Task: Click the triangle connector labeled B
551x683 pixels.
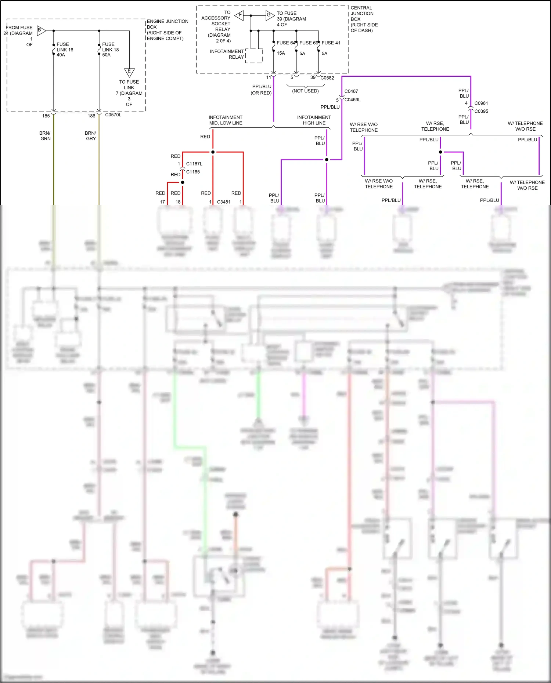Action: [41, 30]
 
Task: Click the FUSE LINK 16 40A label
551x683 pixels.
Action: [65, 50]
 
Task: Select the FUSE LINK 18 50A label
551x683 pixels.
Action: [110, 50]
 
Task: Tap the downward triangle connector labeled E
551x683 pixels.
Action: [129, 72]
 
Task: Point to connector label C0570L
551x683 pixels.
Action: [113, 115]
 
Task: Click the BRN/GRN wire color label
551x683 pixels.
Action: [45, 136]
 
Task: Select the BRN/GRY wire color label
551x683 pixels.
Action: [90, 136]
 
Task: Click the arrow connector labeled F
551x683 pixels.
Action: [240, 15]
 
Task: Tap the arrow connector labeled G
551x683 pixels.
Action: [270, 15]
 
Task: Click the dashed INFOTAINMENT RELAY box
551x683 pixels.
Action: [254, 56]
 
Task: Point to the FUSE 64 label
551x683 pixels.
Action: [285, 43]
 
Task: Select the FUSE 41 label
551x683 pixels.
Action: [331, 43]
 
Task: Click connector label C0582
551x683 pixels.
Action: [327, 78]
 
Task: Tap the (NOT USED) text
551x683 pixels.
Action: [305, 91]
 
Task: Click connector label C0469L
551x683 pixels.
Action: [352, 100]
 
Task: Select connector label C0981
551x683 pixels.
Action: [481, 103]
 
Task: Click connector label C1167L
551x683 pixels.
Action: [194, 164]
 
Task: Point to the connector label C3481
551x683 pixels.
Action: [223, 202]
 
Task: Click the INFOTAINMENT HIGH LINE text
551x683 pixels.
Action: [314, 120]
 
